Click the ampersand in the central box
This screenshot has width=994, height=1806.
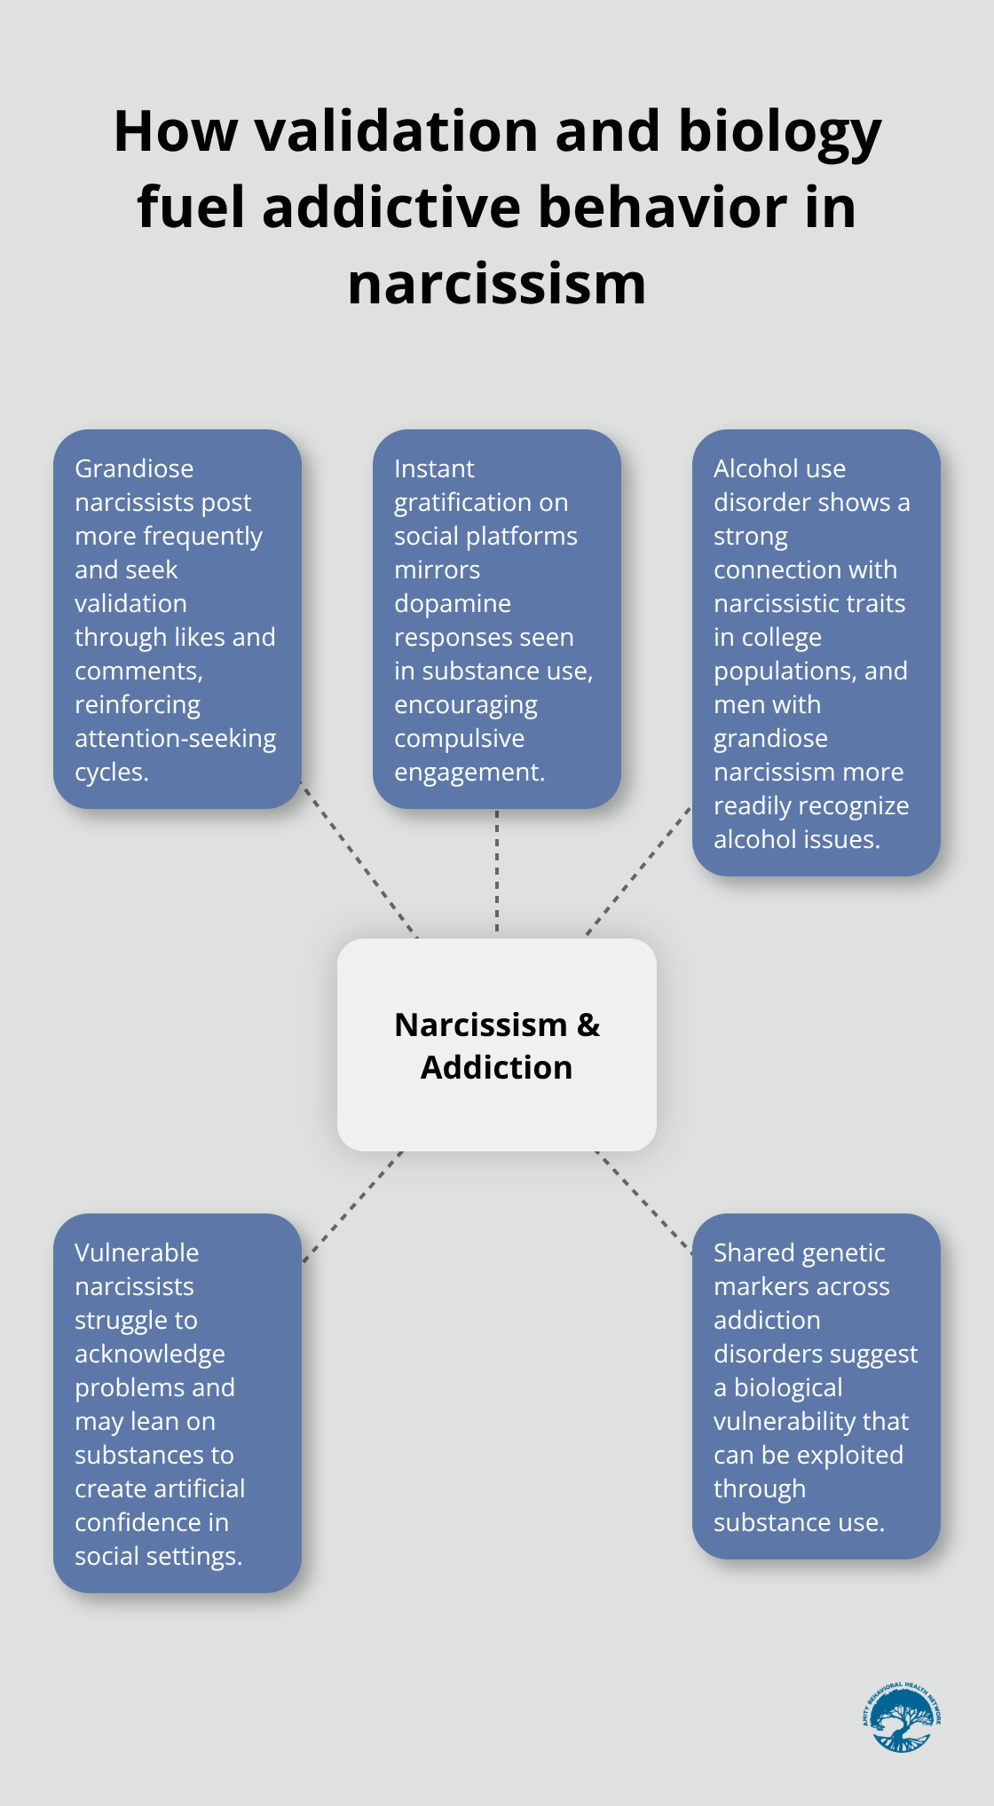point(588,1025)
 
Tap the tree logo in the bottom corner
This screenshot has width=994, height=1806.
point(901,1718)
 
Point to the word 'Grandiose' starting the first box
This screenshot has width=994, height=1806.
point(134,468)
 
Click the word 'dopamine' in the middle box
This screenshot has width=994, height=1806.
point(453,603)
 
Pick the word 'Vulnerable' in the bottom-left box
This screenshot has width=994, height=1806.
point(137,1252)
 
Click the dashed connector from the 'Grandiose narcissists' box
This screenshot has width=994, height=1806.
point(359,860)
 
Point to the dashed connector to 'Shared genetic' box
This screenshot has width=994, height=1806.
point(643,1203)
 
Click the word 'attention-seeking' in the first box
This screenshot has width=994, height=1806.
point(176,738)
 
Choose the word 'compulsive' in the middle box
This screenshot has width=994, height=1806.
point(459,738)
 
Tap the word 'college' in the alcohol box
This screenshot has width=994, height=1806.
point(768,637)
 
